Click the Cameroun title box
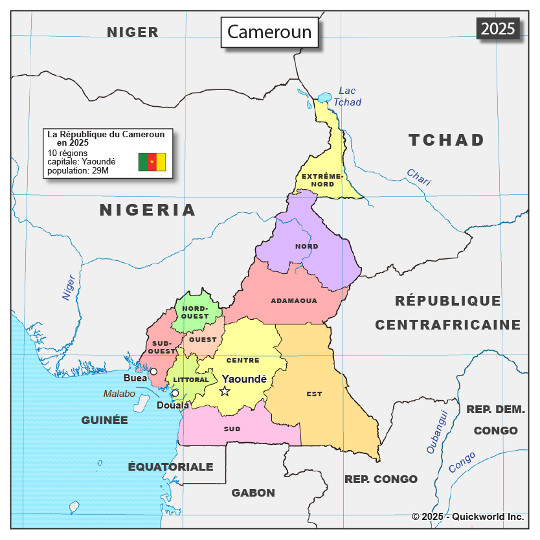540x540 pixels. [x=269, y=32]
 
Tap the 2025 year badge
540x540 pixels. [x=498, y=28]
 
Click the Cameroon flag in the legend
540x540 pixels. [x=152, y=162]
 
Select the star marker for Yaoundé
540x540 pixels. [x=225, y=391]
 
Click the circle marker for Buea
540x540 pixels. [x=153, y=372]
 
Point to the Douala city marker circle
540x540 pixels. [x=175, y=393]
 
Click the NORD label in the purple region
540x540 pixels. [x=306, y=247]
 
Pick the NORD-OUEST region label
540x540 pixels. [x=195, y=312]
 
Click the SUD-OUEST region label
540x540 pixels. [x=161, y=347]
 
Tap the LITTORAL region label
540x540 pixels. [x=191, y=380]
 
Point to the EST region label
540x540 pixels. [x=314, y=394]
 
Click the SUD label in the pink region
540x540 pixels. [x=232, y=429]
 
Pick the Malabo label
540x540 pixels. [x=119, y=394]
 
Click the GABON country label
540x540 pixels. [x=253, y=493]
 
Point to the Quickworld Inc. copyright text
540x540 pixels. [x=467, y=517]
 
